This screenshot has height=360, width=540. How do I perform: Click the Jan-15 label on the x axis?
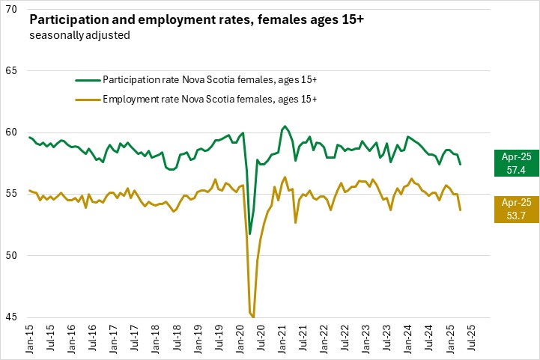30,338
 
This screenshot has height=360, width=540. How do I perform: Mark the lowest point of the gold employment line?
254,317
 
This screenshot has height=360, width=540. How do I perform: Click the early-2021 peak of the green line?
285,126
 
